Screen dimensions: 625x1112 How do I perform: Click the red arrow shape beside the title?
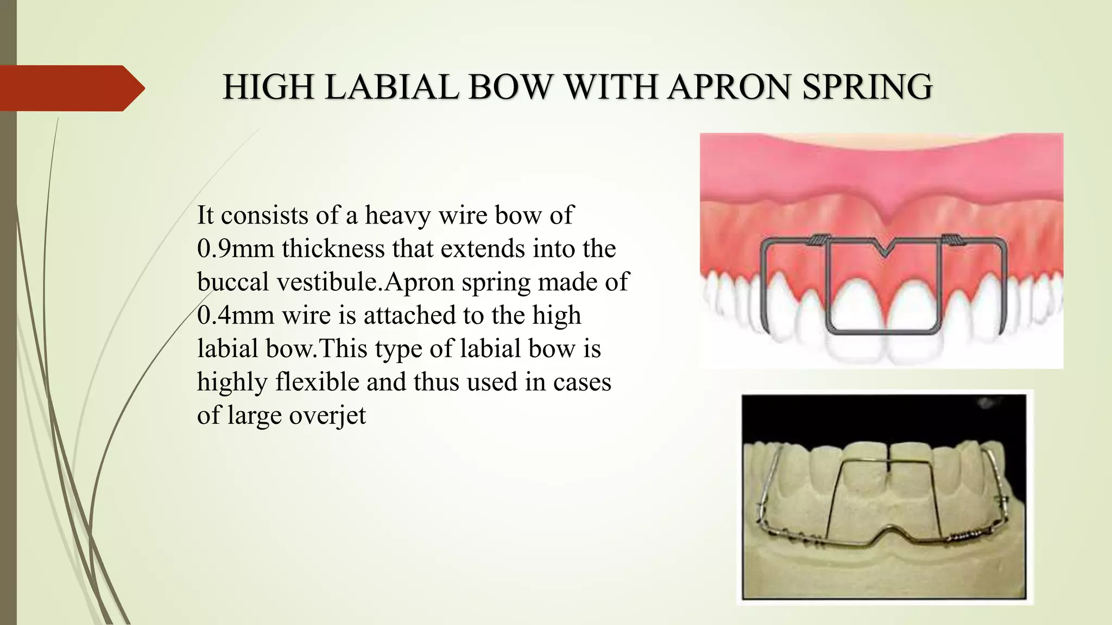[x=71, y=88]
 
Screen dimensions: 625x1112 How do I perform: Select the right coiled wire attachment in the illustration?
[x=951, y=240]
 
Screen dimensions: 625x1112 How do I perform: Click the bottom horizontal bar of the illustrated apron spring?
[x=882, y=330]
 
